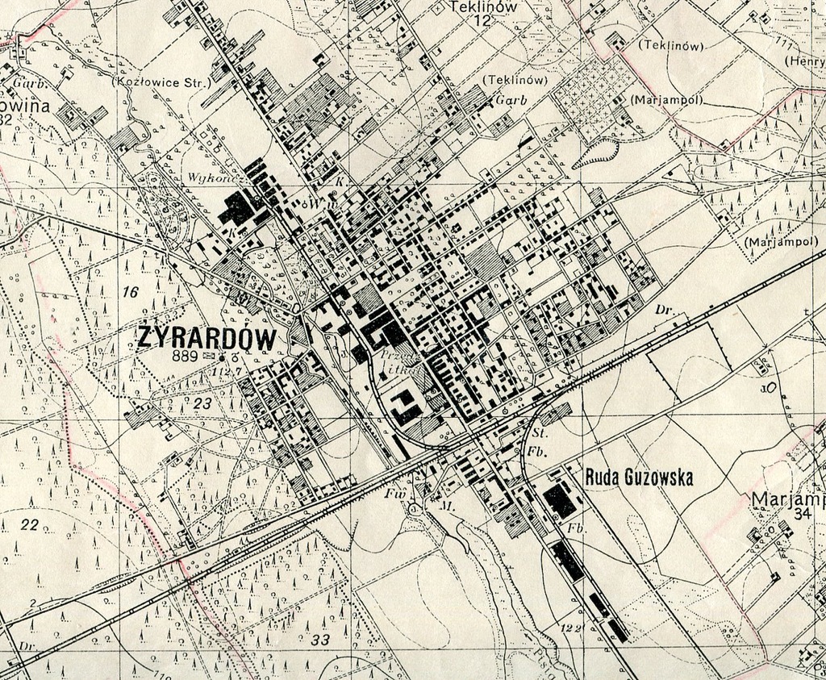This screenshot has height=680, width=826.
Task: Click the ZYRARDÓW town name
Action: (x=207, y=337)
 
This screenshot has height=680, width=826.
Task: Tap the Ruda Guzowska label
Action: (x=639, y=478)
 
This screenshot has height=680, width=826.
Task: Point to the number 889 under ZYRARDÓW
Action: (x=186, y=355)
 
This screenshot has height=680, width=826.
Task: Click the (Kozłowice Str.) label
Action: (x=161, y=81)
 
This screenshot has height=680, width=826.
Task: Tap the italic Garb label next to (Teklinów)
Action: (x=510, y=100)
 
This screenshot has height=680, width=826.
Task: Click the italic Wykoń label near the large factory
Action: (x=206, y=177)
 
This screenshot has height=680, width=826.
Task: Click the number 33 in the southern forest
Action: (x=320, y=640)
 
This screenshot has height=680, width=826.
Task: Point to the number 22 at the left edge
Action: (x=29, y=525)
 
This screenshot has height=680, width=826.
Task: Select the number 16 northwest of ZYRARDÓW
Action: (x=130, y=293)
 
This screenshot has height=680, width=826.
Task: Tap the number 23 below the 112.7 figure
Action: (x=202, y=403)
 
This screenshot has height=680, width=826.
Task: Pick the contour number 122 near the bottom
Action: (x=572, y=628)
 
